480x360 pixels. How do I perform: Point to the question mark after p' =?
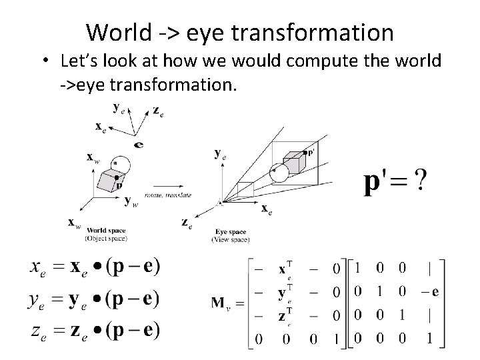coord(421,180)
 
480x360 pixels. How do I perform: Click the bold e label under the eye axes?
coord(138,144)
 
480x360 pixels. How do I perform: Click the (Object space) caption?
coord(106,239)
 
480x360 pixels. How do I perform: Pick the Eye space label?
coord(230,231)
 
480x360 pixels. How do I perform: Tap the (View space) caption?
coord(230,239)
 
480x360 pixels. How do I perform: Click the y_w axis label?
coord(131,201)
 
